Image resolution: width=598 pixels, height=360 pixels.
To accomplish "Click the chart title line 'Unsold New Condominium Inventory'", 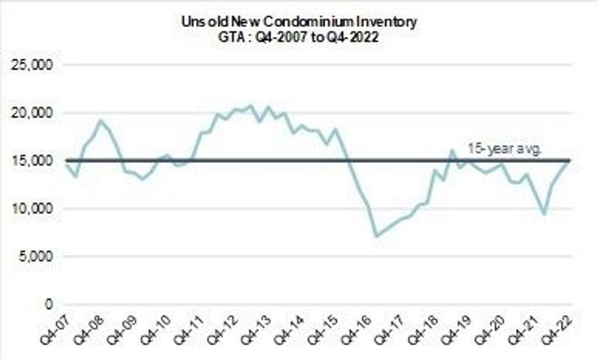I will (299, 21).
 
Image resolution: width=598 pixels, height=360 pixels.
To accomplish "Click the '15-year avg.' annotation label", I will (504, 148).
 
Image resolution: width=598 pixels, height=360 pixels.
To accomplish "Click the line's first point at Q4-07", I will (65, 164).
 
